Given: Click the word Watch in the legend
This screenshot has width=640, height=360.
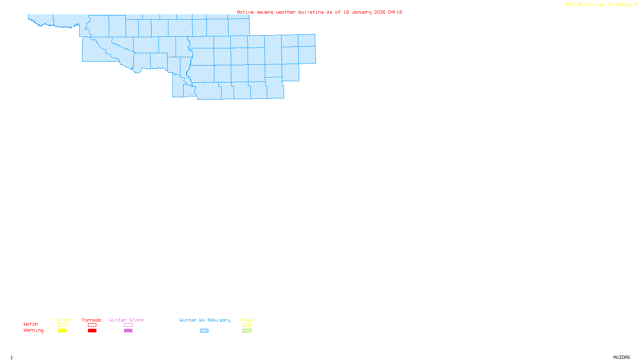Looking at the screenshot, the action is click(x=31, y=324).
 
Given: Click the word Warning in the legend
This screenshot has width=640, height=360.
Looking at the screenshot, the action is click(x=34, y=330).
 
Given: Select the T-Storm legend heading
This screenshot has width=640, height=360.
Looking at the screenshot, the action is click(x=62, y=320).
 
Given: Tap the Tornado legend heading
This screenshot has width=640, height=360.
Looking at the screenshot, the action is click(x=92, y=320).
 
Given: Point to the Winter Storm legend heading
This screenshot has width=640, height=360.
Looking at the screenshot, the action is click(x=126, y=320).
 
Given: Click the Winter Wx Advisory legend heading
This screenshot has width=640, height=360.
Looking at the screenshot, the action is click(x=205, y=320).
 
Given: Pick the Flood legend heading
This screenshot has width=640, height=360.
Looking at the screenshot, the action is click(x=247, y=320).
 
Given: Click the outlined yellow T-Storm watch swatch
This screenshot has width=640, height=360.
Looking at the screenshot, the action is click(x=62, y=325).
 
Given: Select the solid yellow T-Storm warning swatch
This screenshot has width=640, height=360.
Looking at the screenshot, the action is click(x=62, y=331).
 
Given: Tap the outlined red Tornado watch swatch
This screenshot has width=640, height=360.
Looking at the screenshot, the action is click(x=92, y=325).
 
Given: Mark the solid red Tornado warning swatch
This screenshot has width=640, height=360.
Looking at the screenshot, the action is click(x=92, y=331).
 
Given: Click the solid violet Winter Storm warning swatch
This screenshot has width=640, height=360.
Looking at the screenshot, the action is click(x=128, y=331).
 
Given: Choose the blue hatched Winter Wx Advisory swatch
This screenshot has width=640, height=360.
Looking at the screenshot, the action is click(x=204, y=331).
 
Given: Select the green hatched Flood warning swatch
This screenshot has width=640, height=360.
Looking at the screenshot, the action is click(x=247, y=331).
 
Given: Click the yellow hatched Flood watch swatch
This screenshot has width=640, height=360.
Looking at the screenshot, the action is click(x=247, y=325).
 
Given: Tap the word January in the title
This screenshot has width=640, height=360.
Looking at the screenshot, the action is click(x=362, y=12).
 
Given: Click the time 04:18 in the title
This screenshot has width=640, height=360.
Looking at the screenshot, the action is click(x=395, y=12).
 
